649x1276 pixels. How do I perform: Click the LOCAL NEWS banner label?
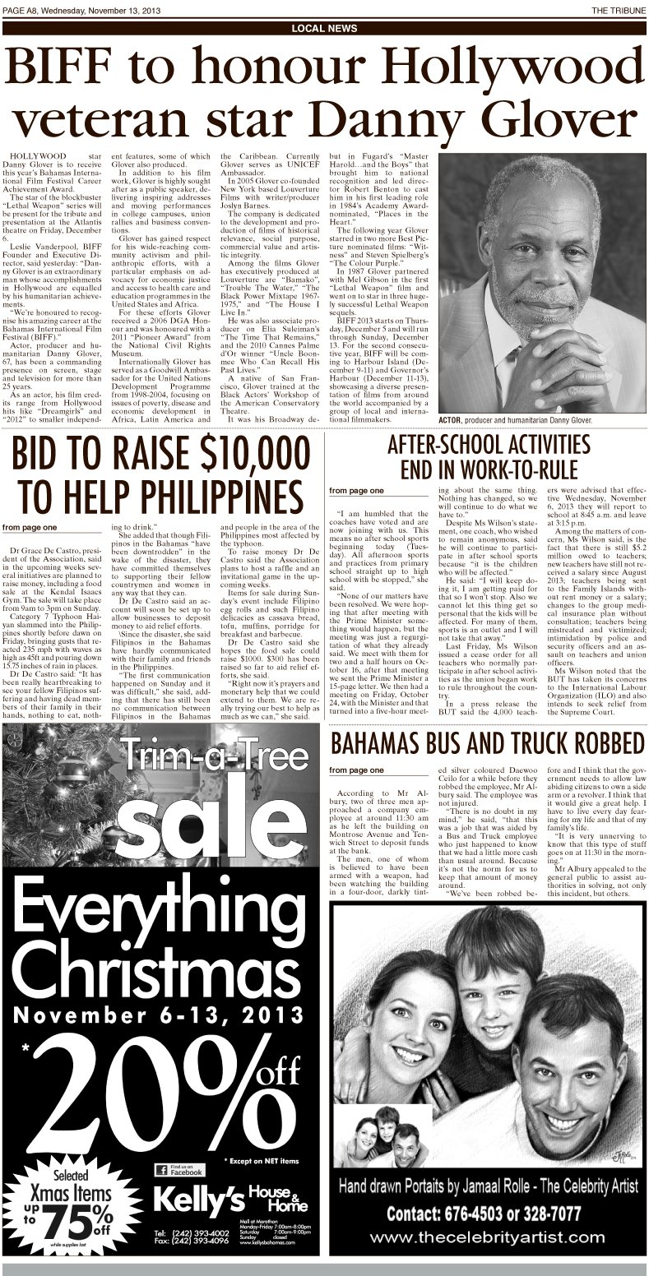[324, 28]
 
